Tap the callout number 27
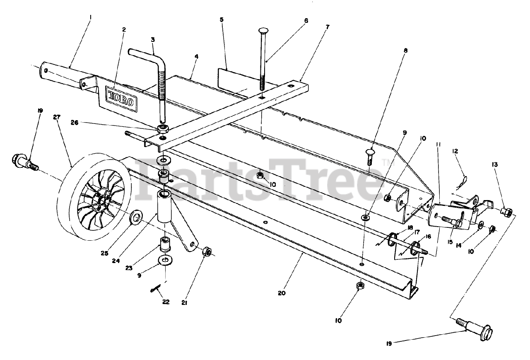[57, 117]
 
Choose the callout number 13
[506, 165]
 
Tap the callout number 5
[222, 19]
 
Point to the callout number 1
[91, 17]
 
